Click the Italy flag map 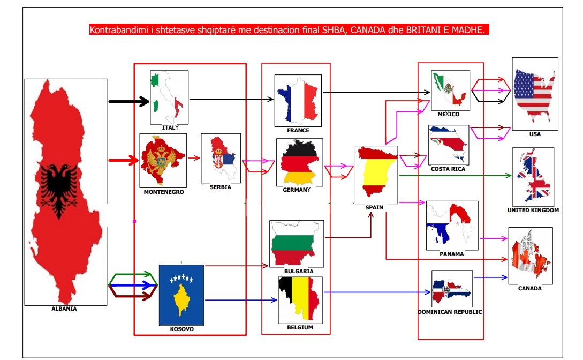click(169, 97)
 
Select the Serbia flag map click(221, 157)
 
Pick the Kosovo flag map click(181, 295)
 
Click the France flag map click(298, 100)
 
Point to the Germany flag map click(299, 162)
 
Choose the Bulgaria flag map click(297, 244)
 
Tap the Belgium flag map click(300, 300)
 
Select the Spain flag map click(376, 175)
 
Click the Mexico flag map click(450, 90)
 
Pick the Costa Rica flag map click(449, 145)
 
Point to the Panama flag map click(452, 225)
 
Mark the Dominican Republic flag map click(452, 289)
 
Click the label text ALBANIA click(64, 309)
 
